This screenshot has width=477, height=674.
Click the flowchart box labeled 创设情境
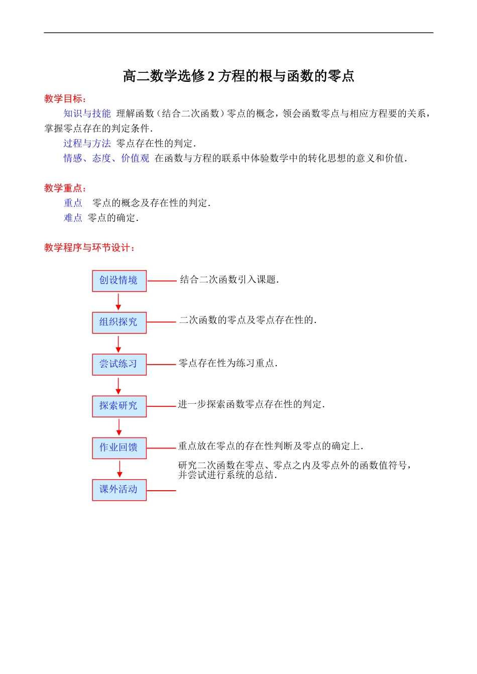point(119,281)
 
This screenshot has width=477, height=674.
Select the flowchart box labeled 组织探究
point(119,322)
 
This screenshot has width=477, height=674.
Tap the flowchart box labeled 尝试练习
point(119,364)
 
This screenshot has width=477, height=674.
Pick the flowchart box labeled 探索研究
point(119,406)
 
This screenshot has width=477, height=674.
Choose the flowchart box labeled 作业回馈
point(119,447)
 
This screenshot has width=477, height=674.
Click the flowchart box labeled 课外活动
point(119,490)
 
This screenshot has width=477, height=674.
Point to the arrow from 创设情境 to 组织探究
point(118,301)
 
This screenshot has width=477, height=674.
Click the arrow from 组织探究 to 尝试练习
point(118,344)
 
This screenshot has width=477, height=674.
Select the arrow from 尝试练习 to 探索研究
point(118,385)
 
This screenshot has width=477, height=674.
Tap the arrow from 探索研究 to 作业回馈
point(119,427)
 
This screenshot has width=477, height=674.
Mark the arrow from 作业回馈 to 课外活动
point(120,469)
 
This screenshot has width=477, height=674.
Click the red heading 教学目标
point(65,99)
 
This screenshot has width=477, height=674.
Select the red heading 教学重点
point(65,188)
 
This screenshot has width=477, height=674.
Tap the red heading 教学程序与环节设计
point(89,248)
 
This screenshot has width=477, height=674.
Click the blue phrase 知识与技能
point(87,114)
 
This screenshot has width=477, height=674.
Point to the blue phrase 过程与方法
point(87,144)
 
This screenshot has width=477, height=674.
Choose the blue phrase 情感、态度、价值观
point(106,159)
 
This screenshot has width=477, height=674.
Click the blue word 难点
point(73,218)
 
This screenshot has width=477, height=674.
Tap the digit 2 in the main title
point(211,76)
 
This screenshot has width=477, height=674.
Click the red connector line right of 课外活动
point(161,490)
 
